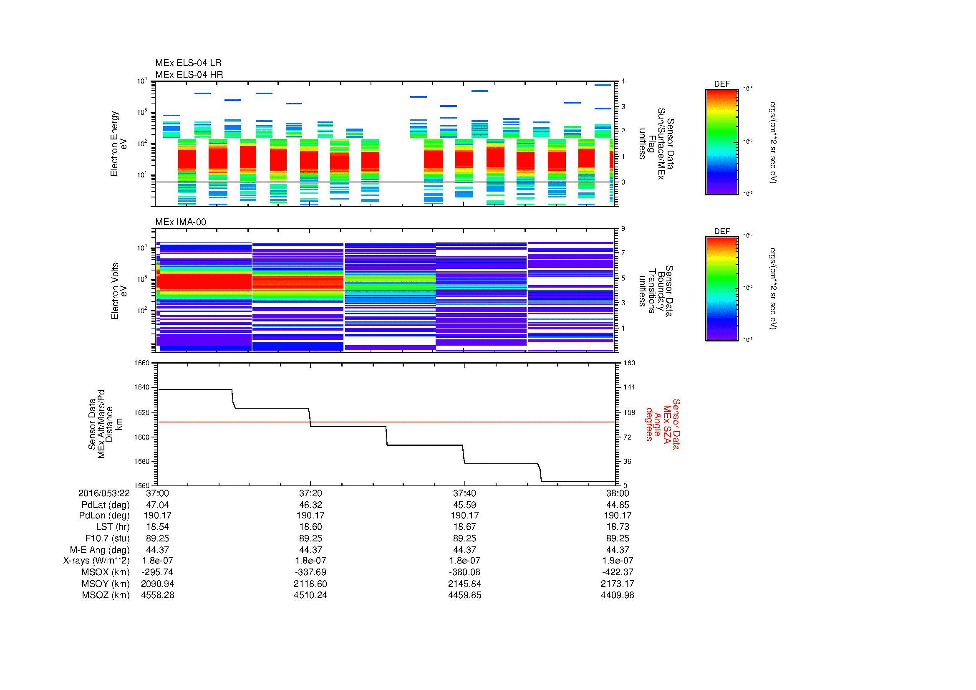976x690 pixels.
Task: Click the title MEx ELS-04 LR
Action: [188, 63]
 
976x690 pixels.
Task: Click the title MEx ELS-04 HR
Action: [189, 74]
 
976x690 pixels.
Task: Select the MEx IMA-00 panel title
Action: [180, 222]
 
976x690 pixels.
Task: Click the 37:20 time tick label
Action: [310, 493]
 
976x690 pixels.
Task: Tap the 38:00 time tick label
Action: [617, 493]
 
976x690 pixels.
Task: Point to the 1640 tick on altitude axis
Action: [142, 387]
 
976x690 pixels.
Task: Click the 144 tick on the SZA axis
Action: [629, 387]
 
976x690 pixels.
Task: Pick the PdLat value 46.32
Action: [310, 505]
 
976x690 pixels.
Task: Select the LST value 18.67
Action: [464, 527]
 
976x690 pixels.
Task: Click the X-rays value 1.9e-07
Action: [617, 561]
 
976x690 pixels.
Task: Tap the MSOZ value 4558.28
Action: [157, 595]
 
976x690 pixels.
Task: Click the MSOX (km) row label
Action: [106, 572]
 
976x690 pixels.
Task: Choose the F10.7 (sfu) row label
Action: [107, 538]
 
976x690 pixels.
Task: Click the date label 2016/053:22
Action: [104, 493]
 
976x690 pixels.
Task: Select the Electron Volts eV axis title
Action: [119, 291]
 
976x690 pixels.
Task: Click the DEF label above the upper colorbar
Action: [721, 84]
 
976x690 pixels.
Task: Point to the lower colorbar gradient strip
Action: [721, 289]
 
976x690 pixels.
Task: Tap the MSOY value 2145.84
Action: [464, 584]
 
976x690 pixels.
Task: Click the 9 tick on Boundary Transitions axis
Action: [623, 229]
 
